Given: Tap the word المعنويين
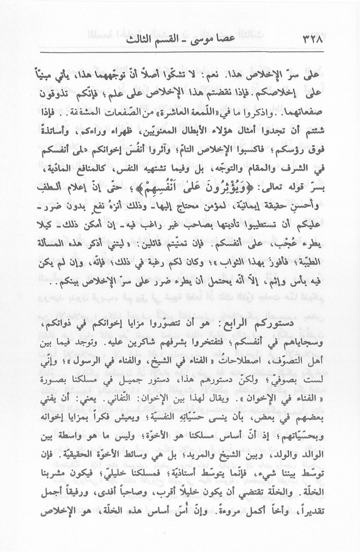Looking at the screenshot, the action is pyautogui.click(x=166, y=132).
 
